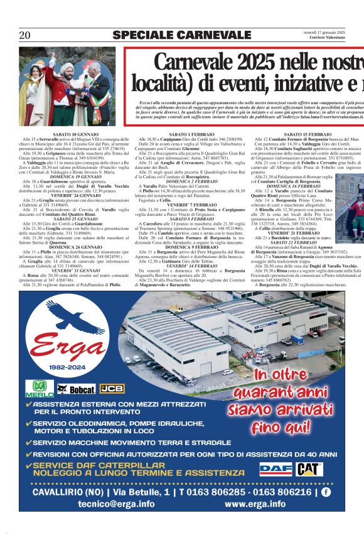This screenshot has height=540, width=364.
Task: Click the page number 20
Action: coord(24,35)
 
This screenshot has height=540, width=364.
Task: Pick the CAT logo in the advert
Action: coord(309,468)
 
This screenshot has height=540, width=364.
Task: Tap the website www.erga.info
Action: coord(255,504)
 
